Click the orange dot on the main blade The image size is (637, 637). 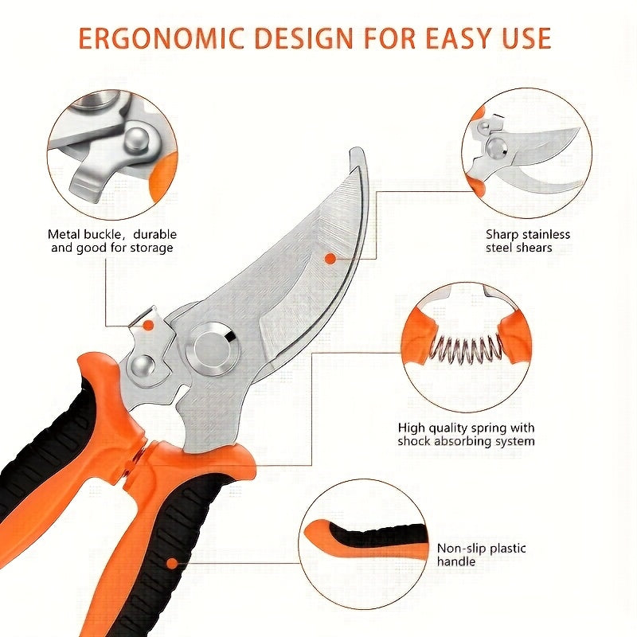tap(329, 257)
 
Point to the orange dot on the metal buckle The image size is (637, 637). tap(148, 324)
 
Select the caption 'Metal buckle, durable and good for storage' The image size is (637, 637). tap(112, 240)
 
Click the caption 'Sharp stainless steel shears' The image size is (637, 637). tap(528, 240)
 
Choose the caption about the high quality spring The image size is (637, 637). tap(467, 434)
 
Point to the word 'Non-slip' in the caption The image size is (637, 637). tap(462, 549)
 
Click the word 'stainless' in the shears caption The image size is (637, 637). tap(545, 234)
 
